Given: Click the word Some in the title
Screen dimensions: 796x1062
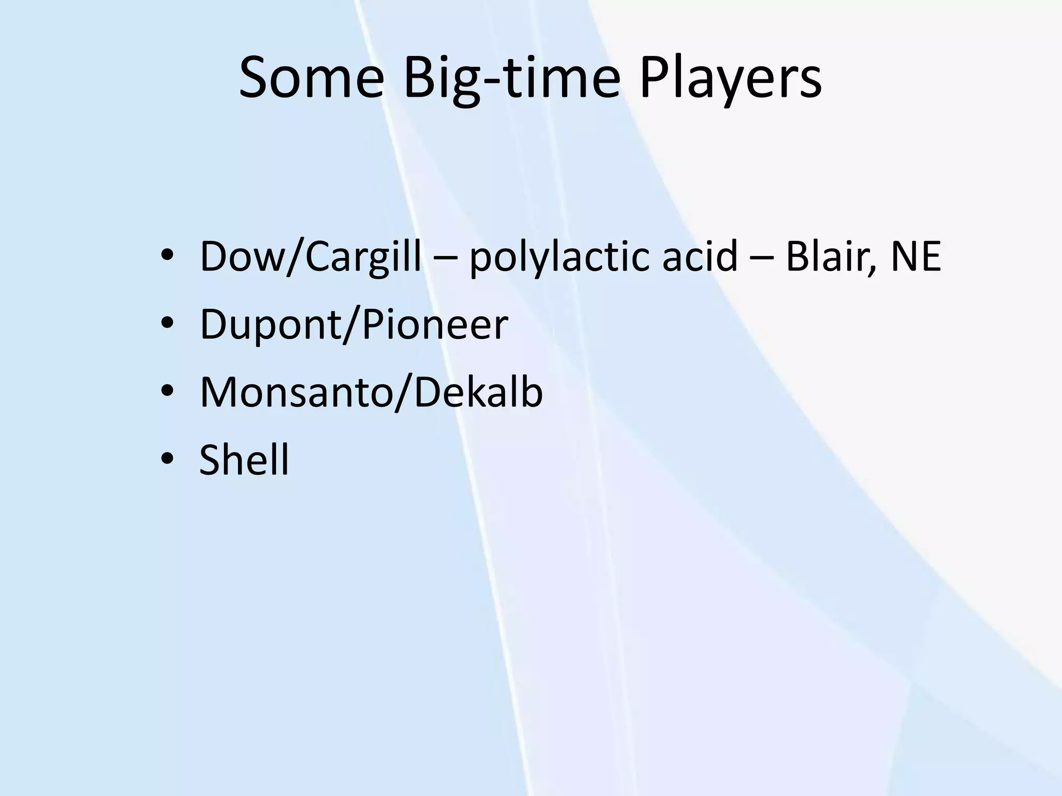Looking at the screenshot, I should pos(311,79).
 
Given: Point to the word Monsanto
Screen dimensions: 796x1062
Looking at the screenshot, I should pos(296,392).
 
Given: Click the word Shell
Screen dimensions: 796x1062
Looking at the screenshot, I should pos(244,460).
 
